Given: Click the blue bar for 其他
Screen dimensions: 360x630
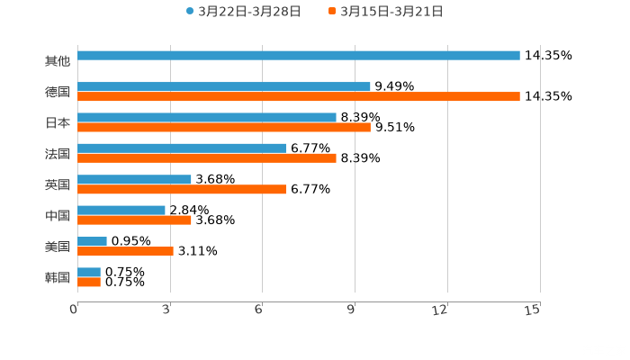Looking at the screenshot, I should point(299,56).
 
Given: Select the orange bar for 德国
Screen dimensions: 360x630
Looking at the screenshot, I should point(299,97).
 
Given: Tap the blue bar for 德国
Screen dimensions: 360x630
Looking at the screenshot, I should point(224,86).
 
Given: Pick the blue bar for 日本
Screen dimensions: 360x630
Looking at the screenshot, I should point(207,117).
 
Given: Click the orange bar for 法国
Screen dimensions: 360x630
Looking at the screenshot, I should point(207,158).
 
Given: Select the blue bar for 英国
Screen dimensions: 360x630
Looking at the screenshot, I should point(135,179).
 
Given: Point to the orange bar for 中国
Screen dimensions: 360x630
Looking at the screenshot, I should point(135,220).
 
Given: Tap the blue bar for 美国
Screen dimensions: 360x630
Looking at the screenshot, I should point(93,241).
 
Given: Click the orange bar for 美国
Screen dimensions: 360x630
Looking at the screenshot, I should point(126,251).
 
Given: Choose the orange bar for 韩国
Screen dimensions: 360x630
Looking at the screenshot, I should point(89,282).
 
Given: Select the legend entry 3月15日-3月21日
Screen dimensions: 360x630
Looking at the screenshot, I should point(391,12).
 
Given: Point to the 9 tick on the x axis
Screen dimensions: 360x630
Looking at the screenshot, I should point(355,310).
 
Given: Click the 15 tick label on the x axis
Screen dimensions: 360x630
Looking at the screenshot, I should point(533,310).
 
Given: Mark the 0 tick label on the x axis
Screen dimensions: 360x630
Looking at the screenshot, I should point(75,310).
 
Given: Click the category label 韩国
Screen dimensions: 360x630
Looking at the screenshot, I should point(58,277).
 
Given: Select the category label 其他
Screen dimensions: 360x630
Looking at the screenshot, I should point(58,61).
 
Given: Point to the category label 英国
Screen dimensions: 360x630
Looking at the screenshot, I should point(58,184).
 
